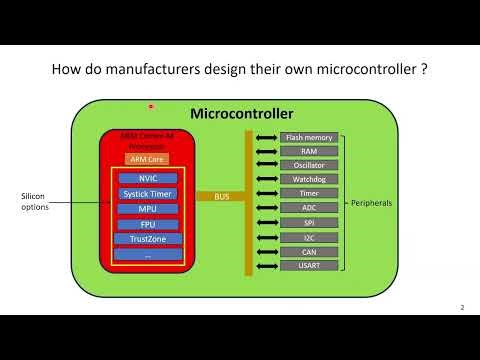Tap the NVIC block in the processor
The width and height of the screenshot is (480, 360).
point(148,178)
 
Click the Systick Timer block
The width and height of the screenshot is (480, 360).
point(148,193)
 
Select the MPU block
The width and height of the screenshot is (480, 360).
point(148,209)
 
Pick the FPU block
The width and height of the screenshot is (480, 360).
point(148,224)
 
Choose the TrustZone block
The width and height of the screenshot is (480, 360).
point(148,239)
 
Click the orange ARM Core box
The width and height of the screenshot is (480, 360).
point(145,159)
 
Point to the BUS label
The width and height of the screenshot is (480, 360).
point(222,197)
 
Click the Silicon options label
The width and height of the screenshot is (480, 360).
point(33,202)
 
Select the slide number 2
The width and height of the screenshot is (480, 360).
point(462,307)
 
